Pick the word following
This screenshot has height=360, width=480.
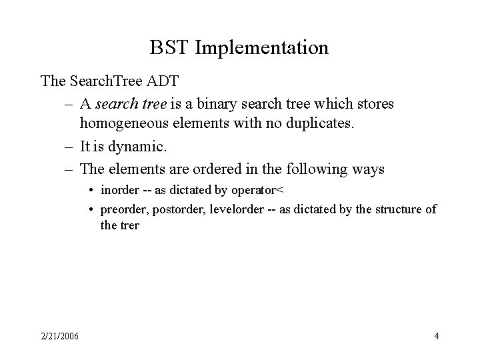pos(317,169)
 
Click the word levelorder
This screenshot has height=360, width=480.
pos(235,209)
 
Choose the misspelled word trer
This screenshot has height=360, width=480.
pos(129,225)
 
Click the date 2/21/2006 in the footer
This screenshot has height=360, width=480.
pos(59,336)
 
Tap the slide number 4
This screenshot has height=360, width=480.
pos(436,336)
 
